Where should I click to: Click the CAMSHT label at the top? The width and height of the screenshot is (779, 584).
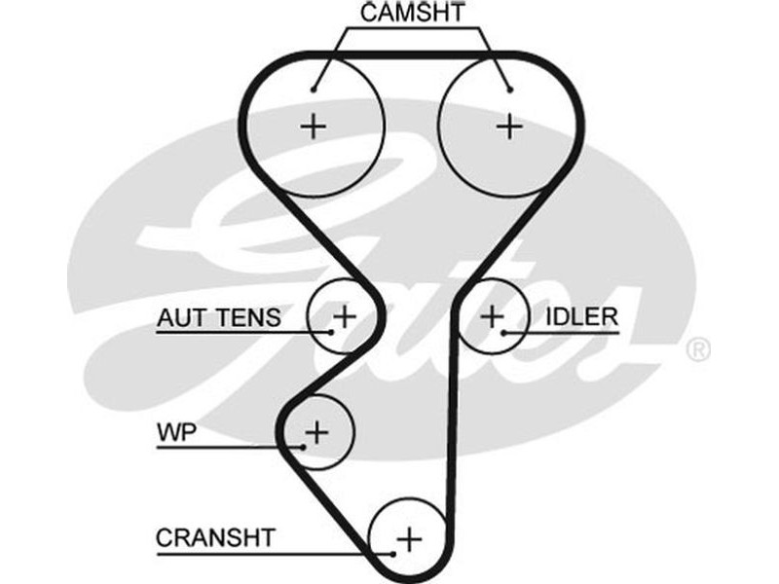point(413,14)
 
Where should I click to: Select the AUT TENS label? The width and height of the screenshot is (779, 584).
point(219,317)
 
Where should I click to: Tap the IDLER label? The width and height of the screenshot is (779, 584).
point(581,316)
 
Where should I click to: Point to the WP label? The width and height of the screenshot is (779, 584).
point(176,431)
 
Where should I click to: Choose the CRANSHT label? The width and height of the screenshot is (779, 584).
point(216,537)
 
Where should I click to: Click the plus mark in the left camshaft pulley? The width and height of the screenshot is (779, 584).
point(313,126)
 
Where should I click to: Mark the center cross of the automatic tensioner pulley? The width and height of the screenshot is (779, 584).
point(345,315)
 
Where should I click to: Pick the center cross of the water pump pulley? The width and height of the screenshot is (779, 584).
point(317,429)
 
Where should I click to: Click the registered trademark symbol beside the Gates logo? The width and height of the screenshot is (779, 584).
point(698,349)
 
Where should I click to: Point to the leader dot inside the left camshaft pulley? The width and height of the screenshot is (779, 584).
point(314,91)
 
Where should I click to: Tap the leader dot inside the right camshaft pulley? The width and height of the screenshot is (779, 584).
point(509,91)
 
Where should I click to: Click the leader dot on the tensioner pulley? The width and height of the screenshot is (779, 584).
point(331,332)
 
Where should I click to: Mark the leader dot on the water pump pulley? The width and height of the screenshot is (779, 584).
point(305,447)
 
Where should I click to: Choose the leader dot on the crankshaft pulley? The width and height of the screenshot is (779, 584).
point(393,553)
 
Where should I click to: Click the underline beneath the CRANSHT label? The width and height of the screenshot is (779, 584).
point(263,553)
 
